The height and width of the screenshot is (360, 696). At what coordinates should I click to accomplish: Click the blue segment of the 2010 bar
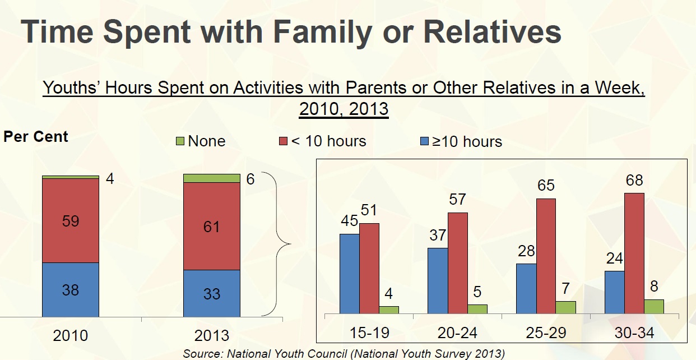(71, 289)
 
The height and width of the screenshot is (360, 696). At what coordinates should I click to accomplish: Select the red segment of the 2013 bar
(212, 226)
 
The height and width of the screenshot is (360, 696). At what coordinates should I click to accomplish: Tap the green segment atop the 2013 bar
(212, 178)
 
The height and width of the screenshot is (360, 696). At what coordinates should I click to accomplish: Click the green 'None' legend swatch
(180, 141)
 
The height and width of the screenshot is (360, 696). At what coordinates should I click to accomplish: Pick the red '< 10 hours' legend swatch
(283, 141)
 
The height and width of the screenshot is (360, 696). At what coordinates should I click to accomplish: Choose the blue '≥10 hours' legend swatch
(424, 141)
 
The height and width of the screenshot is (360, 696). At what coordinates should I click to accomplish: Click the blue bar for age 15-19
(349, 273)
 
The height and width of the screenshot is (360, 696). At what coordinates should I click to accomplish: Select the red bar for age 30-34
(634, 253)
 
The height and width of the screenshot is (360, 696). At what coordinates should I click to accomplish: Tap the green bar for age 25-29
(565, 307)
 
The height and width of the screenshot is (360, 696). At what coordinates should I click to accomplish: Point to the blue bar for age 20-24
(438, 280)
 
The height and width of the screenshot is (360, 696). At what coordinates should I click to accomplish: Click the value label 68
(634, 181)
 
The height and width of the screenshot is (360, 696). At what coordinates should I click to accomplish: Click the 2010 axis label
(71, 335)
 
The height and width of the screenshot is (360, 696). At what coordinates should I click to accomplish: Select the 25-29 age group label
(546, 333)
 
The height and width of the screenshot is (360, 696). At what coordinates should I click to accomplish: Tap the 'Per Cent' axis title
(36, 137)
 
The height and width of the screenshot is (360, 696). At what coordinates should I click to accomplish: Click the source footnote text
(344, 354)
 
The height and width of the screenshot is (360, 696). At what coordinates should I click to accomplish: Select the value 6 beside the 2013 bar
(250, 179)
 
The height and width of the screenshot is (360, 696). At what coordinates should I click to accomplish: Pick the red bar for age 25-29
(546, 256)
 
